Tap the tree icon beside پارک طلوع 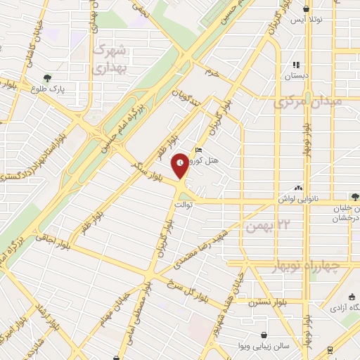(48, 78)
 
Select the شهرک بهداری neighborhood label (110, 58)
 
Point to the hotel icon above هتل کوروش (199, 150)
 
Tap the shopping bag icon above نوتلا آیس (306, 8)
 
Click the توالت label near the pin (184, 204)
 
